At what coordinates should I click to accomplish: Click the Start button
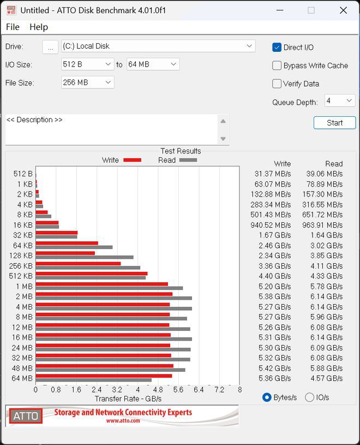point(334,123)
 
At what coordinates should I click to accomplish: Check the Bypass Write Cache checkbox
point(277,66)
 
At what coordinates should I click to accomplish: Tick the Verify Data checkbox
point(277,84)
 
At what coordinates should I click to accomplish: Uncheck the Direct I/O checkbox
point(277,48)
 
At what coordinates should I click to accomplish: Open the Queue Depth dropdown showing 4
point(340,101)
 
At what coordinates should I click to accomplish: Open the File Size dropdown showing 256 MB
point(88,82)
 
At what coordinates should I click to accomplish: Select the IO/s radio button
point(309,397)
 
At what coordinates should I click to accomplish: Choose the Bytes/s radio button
point(267,397)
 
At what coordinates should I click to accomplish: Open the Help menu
point(39,27)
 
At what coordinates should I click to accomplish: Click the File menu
point(13,27)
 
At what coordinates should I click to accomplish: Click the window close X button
point(343,10)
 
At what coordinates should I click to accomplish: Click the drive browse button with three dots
point(50,46)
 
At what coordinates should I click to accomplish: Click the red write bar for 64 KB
point(67,243)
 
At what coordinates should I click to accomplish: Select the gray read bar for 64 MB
point(93,380)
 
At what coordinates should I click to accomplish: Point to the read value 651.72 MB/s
point(322,215)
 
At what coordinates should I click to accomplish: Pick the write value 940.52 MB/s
point(271,225)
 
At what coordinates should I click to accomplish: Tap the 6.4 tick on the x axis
point(199,390)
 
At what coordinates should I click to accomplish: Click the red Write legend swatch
point(133,160)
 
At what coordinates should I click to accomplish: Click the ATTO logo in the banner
point(26,416)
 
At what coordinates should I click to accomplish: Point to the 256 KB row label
point(21,266)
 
